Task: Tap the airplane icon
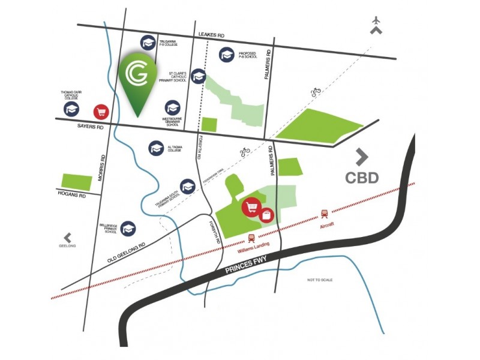click(376, 21)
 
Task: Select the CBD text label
click(362, 178)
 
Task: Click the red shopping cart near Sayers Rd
click(101, 112)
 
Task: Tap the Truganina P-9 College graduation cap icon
click(148, 43)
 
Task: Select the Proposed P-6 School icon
click(227, 55)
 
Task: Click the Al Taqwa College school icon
click(157, 148)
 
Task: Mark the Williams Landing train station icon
click(251, 237)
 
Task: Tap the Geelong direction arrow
click(67, 238)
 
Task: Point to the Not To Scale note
click(320, 280)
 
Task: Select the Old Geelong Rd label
click(127, 253)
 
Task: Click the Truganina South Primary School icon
click(187, 187)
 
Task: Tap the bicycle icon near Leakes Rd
click(316, 92)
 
